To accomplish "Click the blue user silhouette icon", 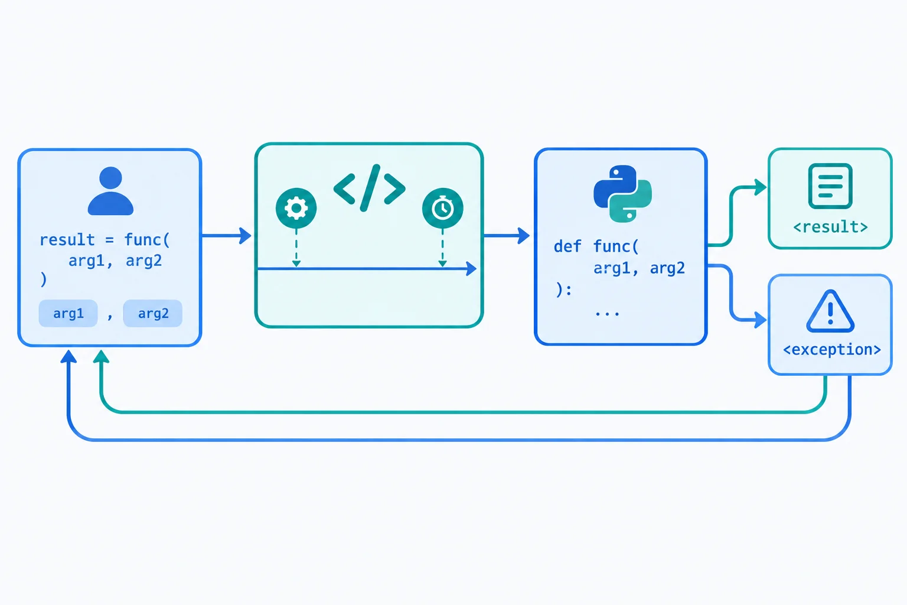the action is pyautogui.click(x=110, y=191).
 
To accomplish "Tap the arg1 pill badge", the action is pyautogui.click(x=68, y=313).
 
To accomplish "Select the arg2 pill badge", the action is pyautogui.click(x=153, y=313).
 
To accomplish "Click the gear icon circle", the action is pyautogui.click(x=296, y=209).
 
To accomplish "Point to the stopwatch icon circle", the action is pyautogui.click(x=442, y=209).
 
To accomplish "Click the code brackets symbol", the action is pyautogui.click(x=369, y=188).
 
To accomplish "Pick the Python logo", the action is pyautogui.click(x=622, y=194).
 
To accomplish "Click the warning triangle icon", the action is pyautogui.click(x=830, y=311).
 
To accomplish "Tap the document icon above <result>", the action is pyautogui.click(x=830, y=186).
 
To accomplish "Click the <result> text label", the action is pyautogui.click(x=830, y=227).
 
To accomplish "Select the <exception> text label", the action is pyautogui.click(x=832, y=349).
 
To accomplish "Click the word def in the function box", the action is pyautogui.click(x=567, y=246).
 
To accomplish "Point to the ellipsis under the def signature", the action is pyautogui.click(x=607, y=313).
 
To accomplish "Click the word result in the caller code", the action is pyautogui.click(x=67, y=240).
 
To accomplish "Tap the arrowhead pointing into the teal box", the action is pyautogui.click(x=246, y=235).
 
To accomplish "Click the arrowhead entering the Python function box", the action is pyautogui.click(x=524, y=235).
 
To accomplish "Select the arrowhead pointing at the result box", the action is pyautogui.click(x=761, y=187).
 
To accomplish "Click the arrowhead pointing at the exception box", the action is pyautogui.click(x=761, y=320).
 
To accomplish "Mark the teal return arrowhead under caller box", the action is pyautogui.click(x=101, y=356).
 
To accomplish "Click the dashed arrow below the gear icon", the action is pyautogui.click(x=296, y=248).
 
